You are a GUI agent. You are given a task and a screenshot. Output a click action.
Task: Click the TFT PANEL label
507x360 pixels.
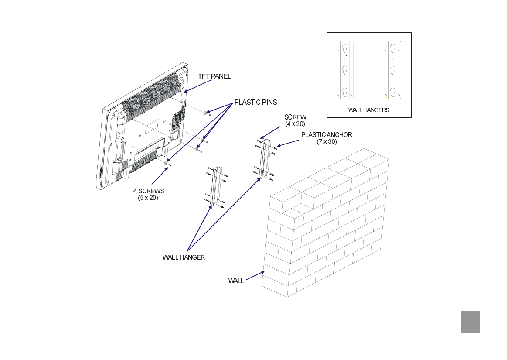click(x=214, y=76)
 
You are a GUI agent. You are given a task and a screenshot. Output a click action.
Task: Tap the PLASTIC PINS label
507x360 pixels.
click(x=255, y=102)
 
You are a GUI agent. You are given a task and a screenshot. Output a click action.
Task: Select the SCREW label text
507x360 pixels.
click(x=295, y=117)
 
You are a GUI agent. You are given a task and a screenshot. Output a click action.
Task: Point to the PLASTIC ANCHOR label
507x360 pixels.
click(x=327, y=135)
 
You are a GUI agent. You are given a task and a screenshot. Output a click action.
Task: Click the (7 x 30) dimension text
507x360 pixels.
click(x=327, y=141)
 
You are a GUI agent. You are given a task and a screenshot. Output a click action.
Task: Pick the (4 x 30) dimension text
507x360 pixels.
click(x=295, y=123)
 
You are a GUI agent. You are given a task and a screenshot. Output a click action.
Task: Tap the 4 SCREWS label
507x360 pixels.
click(x=148, y=191)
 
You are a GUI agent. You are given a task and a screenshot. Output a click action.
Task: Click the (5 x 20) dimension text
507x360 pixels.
click(x=148, y=198)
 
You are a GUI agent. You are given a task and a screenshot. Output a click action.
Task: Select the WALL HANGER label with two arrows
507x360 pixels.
click(x=184, y=257)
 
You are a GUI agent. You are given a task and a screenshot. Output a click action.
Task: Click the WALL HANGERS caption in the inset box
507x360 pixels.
click(x=369, y=110)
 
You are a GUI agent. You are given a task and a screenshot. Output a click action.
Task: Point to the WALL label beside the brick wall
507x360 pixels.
click(x=236, y=281)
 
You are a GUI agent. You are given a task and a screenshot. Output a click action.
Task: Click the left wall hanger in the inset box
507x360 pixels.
click(x=345, y=70)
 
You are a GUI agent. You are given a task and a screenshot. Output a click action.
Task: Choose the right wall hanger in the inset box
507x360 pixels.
click(x=393, y=70)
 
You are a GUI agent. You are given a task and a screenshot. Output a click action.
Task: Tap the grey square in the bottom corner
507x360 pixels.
click(x=470, y=322)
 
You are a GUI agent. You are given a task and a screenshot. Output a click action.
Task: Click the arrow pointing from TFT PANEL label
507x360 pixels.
click(x=197, y=86)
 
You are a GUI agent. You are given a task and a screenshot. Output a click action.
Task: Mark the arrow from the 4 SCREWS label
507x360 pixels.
click(x=160, y=176)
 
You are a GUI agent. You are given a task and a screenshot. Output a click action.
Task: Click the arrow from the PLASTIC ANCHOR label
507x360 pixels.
click(x=288, y=143)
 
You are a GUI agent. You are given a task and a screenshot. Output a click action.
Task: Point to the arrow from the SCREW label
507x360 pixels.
click(x=270, y=133)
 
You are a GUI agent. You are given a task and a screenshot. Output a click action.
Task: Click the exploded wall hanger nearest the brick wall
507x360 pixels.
click(x=265, y=159)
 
